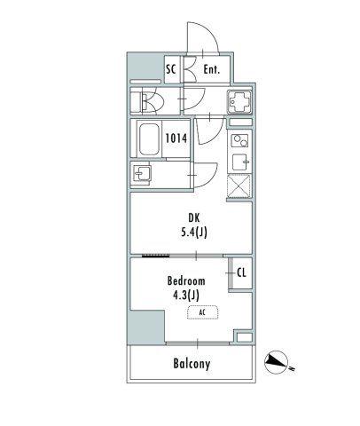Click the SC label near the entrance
coord(171,69)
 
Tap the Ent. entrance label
coord(212,69)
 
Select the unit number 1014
coord(176,138)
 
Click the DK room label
coord(194,218)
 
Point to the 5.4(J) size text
coord(194,233)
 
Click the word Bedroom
coord(186,280)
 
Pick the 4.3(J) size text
coord(186,296)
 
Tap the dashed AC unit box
coord(202,312)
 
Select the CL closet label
coord(241,272)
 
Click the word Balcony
coord(192,364)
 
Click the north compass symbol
coord(276,362)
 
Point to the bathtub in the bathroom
coord(149,139)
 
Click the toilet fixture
coord(146,103)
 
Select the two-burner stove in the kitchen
coord(239,140)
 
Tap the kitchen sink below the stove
coord(241,162)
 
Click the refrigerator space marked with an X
coord(239,186)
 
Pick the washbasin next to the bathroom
coord(142,173)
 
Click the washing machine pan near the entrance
coord(239,102)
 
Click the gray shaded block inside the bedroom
coord(147,327)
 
